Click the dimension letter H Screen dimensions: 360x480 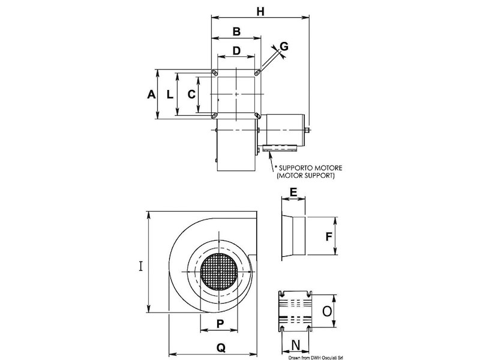point(260,10)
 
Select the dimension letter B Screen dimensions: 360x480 point(236,31)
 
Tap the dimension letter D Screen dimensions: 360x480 point(236,51)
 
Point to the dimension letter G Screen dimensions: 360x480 point(284,46)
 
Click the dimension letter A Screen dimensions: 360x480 point(151,94)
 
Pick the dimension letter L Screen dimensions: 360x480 point(170,94)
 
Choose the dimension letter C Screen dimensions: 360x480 point(191,94)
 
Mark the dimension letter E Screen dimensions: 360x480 point(293,192)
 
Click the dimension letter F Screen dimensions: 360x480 point(328,236)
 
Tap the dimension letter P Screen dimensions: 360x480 point(220,323)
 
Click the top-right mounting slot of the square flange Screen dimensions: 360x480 point(257,73)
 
